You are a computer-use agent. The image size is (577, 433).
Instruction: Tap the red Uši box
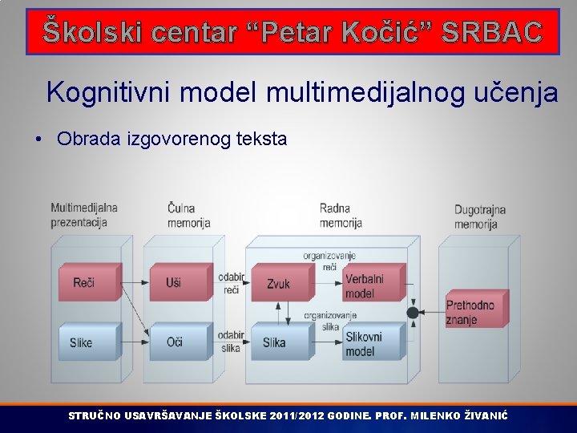(178, 282)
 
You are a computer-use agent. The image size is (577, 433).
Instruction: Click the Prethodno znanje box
(474, 312)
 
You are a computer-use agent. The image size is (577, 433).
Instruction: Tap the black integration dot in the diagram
(412, 312)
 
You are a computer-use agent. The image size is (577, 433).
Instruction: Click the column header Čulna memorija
(188, 215)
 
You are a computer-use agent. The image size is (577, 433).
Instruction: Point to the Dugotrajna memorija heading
(479, 216)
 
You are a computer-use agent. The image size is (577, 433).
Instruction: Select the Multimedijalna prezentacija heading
(83, 214)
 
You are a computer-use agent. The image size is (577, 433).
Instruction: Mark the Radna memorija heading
(341, 215)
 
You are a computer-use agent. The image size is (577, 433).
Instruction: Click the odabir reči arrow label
(231, 283)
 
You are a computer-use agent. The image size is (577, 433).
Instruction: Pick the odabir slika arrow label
(231, 342)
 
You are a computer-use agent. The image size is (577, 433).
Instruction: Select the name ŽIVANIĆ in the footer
(485, 416)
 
